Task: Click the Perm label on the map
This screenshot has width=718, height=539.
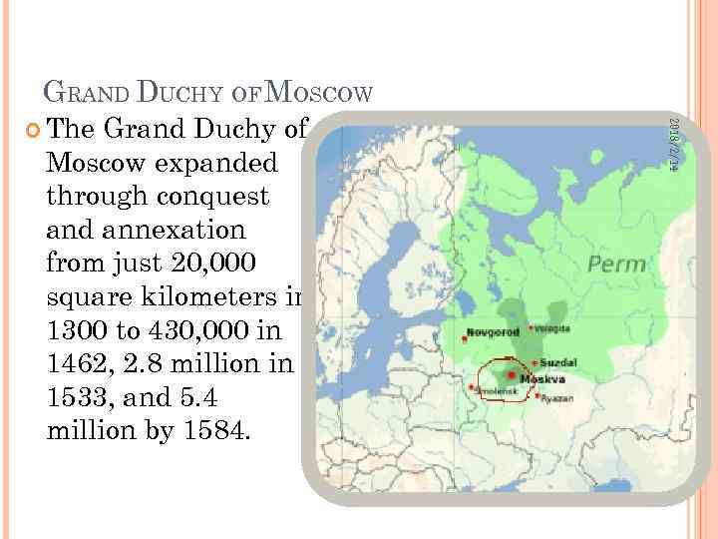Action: [x=617, y=265]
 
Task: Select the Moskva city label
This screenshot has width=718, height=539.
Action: [x=546, y=379]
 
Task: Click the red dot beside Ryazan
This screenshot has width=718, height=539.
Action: [x=538, y=396]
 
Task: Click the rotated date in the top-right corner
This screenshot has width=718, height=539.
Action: [x=672, y=145]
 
